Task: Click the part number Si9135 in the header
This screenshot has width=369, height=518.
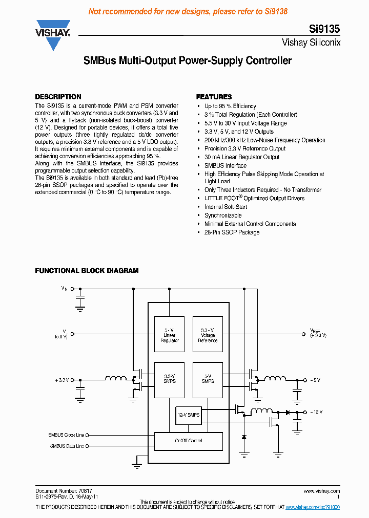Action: [324, 30]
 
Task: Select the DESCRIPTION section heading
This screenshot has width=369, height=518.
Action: [58, 97]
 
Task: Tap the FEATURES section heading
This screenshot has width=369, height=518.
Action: [214, 97]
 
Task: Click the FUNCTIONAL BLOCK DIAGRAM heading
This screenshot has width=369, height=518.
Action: [87, 271]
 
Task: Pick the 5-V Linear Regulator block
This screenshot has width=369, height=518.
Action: [170, 334]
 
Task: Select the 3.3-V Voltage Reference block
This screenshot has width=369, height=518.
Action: [208, 334]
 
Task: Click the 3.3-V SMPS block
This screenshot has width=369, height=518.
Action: [170, 380]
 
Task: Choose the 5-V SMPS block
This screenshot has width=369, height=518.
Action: [208, 380]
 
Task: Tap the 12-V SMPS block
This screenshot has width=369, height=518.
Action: [188, 415]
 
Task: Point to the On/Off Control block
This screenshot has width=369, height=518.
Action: [189, 441]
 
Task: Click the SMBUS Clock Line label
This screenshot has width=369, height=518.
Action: [66, 435]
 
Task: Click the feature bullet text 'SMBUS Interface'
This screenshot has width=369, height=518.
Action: [225, 166]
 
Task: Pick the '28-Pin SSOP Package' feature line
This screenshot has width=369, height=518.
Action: [232, 232]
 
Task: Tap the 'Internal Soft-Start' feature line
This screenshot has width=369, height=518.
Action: [225, 207]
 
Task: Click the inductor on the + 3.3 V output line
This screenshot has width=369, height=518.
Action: [116, 379]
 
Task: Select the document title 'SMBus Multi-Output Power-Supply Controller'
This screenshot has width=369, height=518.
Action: [188, 61]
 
